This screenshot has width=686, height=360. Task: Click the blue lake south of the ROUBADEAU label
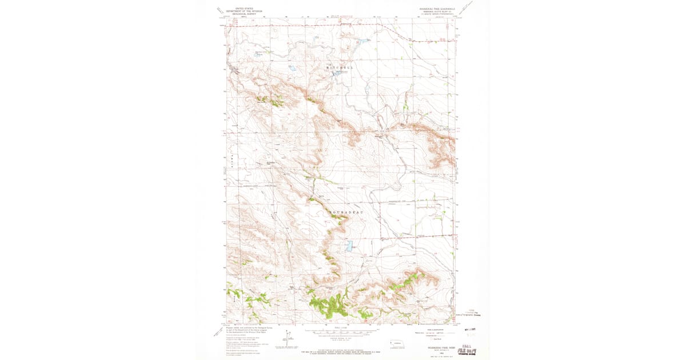347,247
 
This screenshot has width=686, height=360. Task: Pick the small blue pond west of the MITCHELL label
292,68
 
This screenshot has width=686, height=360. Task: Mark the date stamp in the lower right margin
470,329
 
